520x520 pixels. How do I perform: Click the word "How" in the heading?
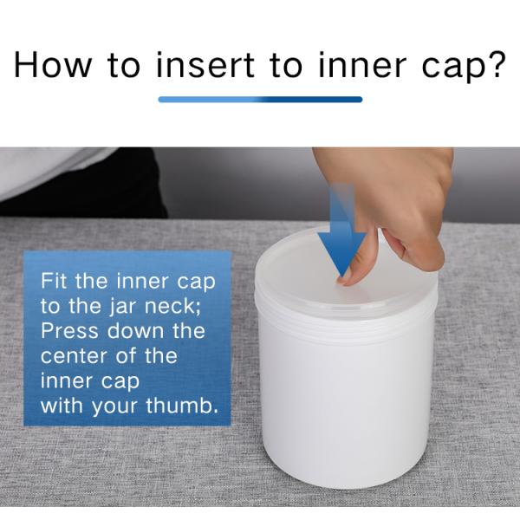53,65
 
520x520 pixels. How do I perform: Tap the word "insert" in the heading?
205,65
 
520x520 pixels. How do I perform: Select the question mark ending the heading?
495,65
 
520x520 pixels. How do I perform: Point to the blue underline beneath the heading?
260,100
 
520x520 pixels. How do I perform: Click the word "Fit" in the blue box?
55,281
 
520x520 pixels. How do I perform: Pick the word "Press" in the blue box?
69,331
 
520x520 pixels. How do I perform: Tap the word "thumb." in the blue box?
182,406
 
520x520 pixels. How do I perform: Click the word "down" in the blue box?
135,331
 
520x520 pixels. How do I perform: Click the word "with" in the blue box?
62,406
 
